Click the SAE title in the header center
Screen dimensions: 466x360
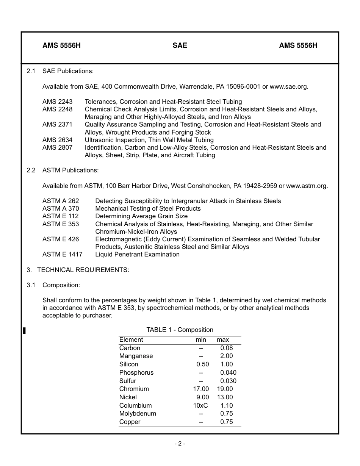point(180,45)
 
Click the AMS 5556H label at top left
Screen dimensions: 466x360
point(61,45)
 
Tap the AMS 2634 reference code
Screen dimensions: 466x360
point(57,140)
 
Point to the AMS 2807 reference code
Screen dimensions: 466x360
point(57,147)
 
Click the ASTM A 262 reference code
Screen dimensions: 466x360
point(61,201)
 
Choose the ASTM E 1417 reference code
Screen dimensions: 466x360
point(62,254)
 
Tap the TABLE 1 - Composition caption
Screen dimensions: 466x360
point(180,330)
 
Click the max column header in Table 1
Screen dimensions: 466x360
point(223,340)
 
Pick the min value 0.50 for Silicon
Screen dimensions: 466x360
point(202,364)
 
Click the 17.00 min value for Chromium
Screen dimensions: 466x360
point(201,389)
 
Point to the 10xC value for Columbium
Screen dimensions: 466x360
point(200,405)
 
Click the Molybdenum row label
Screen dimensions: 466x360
point(138,413)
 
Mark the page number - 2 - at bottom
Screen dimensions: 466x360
point(180,444)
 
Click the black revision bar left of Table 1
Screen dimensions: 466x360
point(24,331)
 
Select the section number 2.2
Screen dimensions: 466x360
point(31,170)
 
